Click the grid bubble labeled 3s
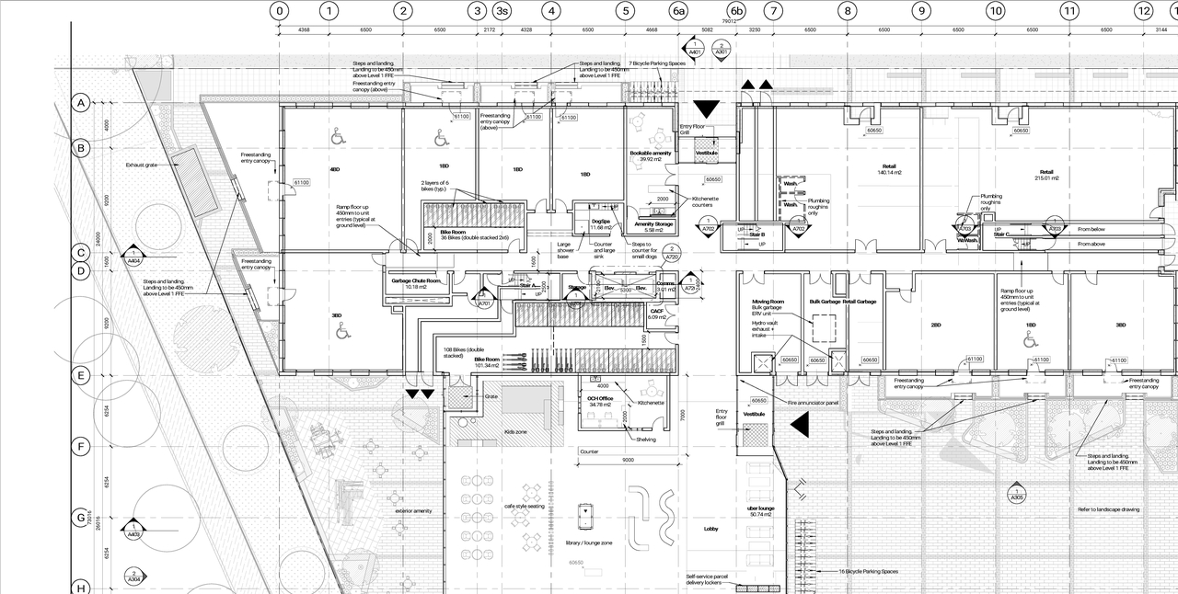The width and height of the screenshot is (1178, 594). tap(501, 11)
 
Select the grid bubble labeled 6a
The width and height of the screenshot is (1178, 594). tap(678, 11)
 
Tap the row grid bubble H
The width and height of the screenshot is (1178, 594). tap(81, 588)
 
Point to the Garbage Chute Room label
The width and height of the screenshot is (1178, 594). tap(416, 282)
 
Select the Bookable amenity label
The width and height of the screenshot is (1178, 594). tap(651, 154)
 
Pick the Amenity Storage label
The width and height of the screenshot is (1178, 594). tap(653, 225)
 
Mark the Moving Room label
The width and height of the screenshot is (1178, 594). tap(768, 302)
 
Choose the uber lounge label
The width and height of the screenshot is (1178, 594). tap(759, 508)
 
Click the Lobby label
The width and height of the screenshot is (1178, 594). tap(710, 529)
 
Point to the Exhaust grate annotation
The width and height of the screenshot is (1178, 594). tap(144, 166)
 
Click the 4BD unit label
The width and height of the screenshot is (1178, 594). tap(334, 170)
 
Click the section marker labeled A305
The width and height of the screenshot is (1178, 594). tap(1016, 494)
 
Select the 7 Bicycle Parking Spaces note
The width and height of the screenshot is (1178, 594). tap(657, 63)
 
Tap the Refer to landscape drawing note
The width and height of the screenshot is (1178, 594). tap(1108, 509)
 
